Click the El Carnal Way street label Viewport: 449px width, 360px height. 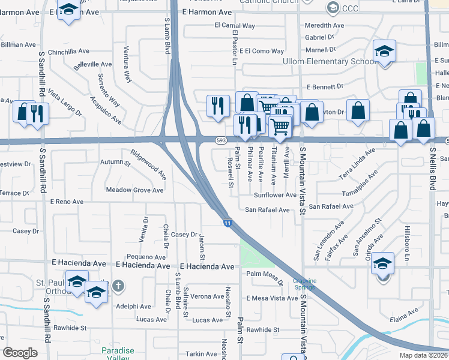point(235,26)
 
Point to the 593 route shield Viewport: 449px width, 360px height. point(221,140)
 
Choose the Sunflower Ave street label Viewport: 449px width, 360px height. point(275,195)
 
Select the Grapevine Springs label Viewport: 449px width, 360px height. point(304,284)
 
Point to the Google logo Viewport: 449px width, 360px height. point(20,353)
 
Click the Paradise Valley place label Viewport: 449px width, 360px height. point(115,354)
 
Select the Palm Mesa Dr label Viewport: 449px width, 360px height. point(264,276)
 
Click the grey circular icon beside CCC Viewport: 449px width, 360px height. point(333,8)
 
